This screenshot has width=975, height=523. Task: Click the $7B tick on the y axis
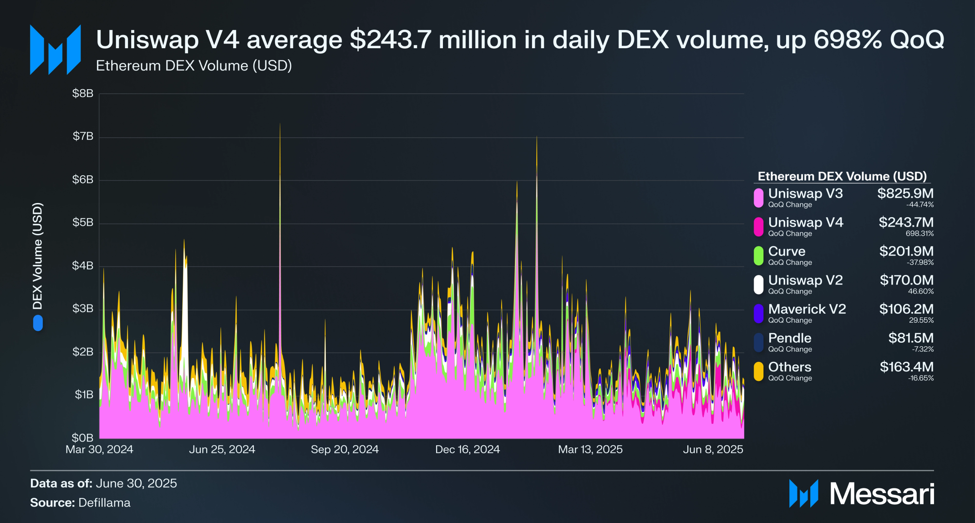(x=83, y=136)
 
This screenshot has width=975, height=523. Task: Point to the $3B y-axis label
(x=83, y=309)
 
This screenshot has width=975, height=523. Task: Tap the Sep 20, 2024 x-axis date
(x=345, y=450)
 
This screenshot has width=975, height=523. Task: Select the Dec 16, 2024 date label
(x=467, y=450)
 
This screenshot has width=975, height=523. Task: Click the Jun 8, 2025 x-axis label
(x=713, y=450)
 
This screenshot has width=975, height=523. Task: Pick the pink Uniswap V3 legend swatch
(x=758, y=198)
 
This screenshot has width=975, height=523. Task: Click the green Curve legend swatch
(x=758, y=256)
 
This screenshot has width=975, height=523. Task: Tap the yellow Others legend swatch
(x=758, y=371)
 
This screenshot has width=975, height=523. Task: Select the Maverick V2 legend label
(x=807, y=309)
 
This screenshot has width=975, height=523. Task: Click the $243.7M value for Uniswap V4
(x=906, y=222)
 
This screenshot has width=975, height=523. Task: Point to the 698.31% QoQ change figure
(x=919, y=234)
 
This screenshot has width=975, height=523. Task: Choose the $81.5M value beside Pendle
(x=911, y=338)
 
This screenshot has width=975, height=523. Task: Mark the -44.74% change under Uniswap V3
(x=919, y=205)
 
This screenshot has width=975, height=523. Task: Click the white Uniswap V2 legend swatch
(x=758, y=284)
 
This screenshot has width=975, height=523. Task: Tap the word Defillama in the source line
(x=104, y=503)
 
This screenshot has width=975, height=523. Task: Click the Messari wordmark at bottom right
(x=882, y=494)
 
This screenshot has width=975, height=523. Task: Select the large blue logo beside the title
(x=55, y=50)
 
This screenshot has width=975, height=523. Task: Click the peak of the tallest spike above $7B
(x=280, y=124)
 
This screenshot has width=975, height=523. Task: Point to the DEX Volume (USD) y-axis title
(x=37, y=256)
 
